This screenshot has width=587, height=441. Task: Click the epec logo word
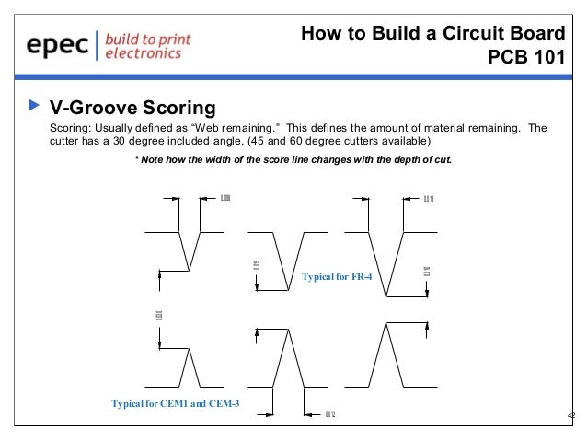58,46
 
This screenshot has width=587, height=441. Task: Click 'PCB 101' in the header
525,59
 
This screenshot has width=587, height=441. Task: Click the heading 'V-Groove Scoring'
132,109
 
